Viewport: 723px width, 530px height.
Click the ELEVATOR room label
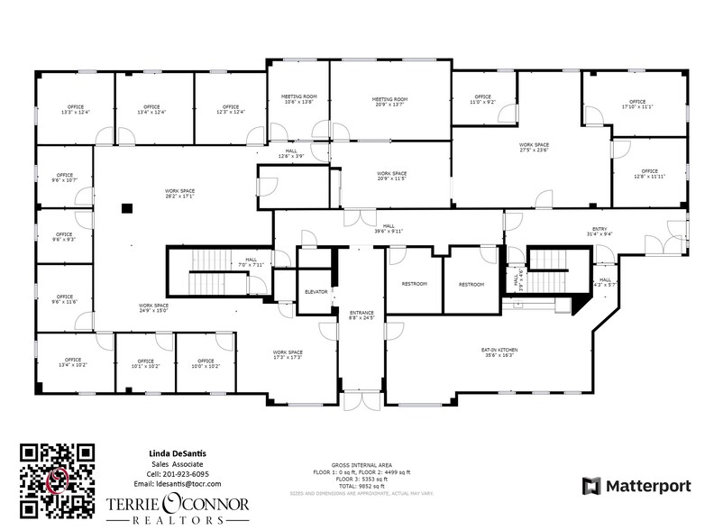coord(316,292)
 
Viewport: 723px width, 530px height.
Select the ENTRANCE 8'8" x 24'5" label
coord(361,315)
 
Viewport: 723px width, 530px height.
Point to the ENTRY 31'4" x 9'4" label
coord(600,232)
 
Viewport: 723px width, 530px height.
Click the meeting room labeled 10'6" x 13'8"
coord(297,100)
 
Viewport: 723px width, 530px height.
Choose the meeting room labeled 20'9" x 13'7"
coord(390,101)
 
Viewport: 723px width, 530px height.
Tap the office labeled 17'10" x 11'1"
coord(637,104)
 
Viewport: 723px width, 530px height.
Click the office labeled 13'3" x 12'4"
coord(75,110)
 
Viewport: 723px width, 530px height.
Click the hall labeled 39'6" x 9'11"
coord(391,228)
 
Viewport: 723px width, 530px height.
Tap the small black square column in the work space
coord(126,208)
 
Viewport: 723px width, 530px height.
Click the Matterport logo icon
coord(591,486)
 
